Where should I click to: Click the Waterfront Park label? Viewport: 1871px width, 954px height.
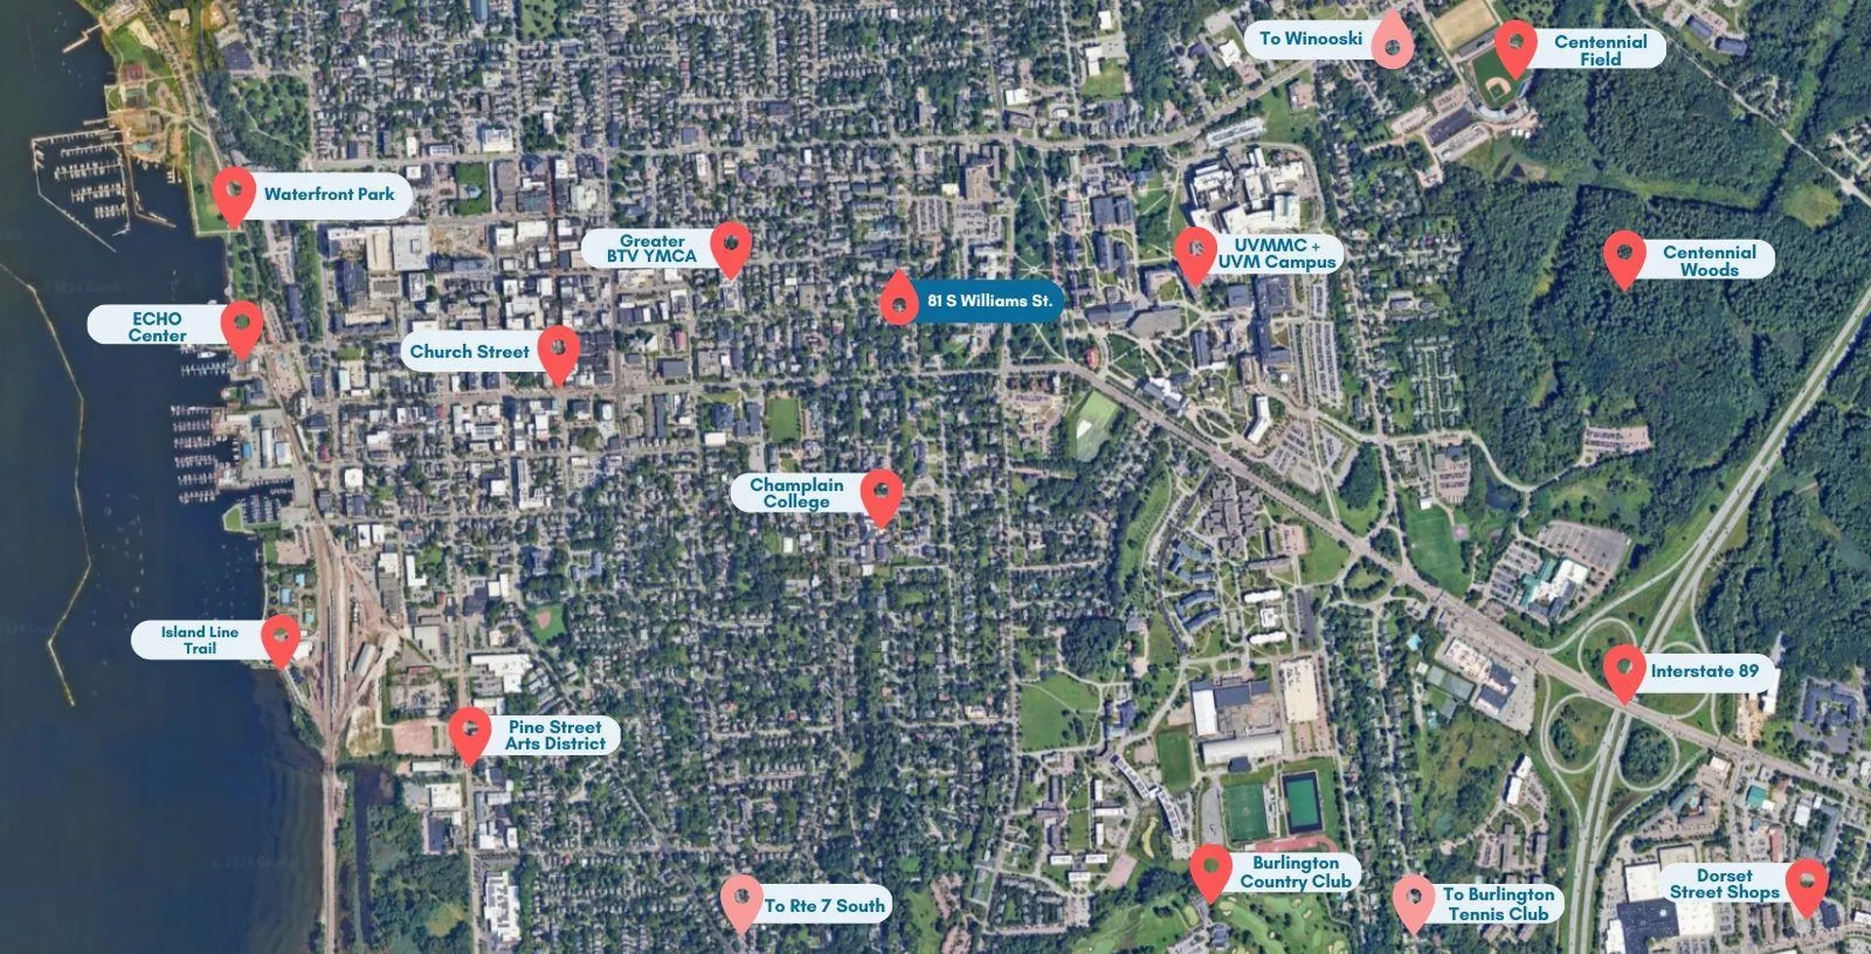pos(328,194)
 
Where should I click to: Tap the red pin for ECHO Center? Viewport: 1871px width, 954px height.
pos(242,324)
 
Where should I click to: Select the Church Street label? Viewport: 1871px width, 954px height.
pos(469,352)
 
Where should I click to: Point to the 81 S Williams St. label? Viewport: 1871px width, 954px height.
pos(989,301)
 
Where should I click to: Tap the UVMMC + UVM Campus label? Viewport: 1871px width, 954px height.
pos(1277,254)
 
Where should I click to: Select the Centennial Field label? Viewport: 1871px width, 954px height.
pos(1600,50)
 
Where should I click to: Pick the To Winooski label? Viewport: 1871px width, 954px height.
pos(1311,39)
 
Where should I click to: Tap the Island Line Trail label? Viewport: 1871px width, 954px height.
pos(200,639)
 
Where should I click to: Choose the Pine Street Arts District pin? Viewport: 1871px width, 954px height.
pos(470,732)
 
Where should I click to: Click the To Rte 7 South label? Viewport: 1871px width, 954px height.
pos(824,906)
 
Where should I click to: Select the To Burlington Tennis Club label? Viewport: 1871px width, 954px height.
pos(1498,903)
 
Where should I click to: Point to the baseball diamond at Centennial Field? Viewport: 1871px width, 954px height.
pos(1492,79)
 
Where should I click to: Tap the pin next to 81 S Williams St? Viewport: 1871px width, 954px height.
pos(898,297)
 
